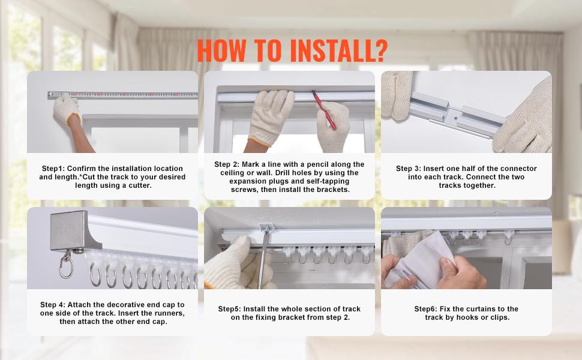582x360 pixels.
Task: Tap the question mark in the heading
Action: pos(379,50)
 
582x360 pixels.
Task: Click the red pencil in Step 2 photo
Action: pos(324,110)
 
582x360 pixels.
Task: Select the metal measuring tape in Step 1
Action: pos(123,95)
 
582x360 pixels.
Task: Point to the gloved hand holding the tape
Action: pos(66,110)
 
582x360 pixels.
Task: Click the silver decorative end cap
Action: pos(75,230)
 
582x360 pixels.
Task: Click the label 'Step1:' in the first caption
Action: pos(53,169)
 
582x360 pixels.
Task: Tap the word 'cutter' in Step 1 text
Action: pos(139,185)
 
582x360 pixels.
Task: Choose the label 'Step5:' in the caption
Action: pos(229,309)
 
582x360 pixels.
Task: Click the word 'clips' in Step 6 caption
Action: pos(500,317)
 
